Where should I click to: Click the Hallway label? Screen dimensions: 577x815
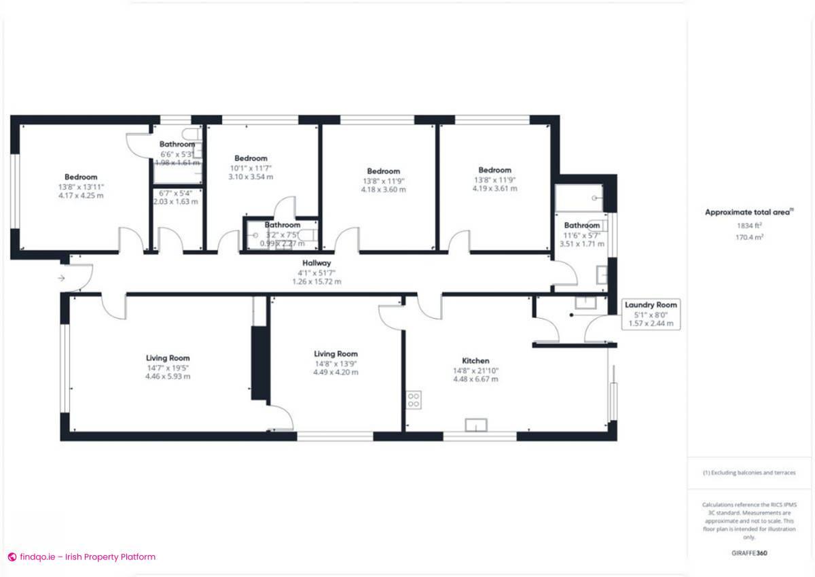316,263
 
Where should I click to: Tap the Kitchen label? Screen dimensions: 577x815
475,361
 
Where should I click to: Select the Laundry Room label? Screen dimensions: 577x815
651,305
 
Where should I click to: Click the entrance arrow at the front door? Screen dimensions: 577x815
62,277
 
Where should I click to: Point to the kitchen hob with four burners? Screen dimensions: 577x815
413,400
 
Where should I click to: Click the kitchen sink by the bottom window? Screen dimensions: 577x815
476,425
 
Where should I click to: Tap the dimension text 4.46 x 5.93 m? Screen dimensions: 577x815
167,376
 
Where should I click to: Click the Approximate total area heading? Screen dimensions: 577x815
748,213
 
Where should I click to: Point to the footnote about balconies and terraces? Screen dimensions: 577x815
749,472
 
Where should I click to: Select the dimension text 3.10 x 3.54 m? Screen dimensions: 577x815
251,177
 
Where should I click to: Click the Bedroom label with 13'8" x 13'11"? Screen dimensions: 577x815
81,177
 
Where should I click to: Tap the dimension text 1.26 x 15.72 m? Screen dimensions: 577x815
316,281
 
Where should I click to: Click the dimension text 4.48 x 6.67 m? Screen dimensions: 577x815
475,379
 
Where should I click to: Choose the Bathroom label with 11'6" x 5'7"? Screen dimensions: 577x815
581,226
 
